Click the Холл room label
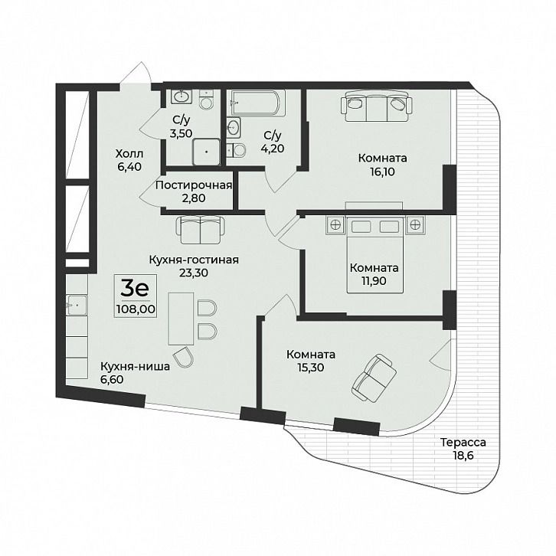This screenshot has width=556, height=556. pyautogui.click(x=129, y=154)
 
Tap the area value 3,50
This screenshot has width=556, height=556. pyautogui.click(x=181, y=133)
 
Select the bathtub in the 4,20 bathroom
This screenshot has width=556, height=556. pyautogui.click(x=258, y=103)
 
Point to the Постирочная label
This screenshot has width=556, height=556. pyautogui.click(x=194, y=185)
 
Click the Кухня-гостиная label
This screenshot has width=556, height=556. pyautogui.click(x=194, y=260)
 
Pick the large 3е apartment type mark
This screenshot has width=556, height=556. pyautogui.click(x=135, y=289)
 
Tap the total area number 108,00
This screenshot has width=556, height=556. pyautogui.click(x=136, y=309)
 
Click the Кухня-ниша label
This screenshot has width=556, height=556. pyautogui.click(x=135, y=366)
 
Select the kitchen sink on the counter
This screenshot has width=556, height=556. pyautogui.click(x=77, y=305)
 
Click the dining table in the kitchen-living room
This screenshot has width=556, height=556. pyautogui.click(x=181, y=319)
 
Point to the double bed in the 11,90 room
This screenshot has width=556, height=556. pyautogui.click(x=374, y=254)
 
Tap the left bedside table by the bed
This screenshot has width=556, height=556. pyautogui.click(x=335, y=224)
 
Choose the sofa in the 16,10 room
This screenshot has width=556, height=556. pyautogui.click(x=377, y=106)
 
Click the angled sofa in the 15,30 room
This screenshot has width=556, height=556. pyautogui.click(x=374, y=378)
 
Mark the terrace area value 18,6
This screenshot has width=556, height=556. pyautogui.click(x=463, y=456)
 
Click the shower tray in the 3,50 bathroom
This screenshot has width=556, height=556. pyautogui.click(x=206, y=152)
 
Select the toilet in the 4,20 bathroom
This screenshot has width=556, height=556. pyautogui.click(x=236, y=149)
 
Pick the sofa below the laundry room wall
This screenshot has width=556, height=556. pyautogui.click(x=201, y=230)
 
